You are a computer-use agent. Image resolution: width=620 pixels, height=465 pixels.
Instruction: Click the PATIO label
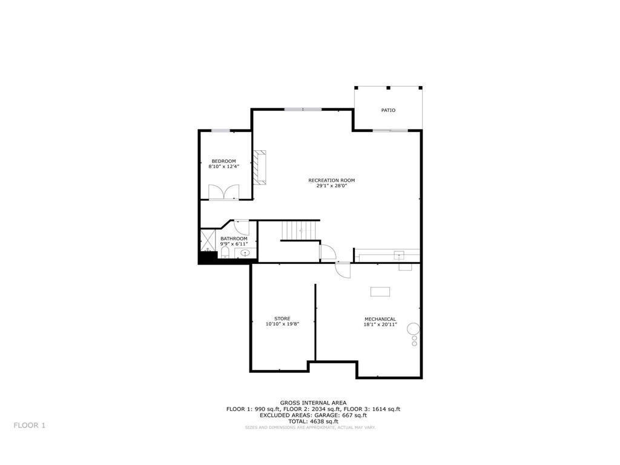coord(388,110)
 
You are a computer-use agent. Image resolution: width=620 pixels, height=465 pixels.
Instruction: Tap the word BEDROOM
coord(223,161)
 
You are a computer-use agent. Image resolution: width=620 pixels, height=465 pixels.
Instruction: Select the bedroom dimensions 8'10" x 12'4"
coord(223,167)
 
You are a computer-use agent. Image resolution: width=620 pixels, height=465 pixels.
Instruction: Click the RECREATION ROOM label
coord(331,180)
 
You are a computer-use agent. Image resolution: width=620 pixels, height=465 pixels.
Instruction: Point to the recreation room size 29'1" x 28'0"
coord(331,186)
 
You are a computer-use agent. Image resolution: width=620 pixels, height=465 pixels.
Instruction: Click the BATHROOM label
coord(234,239)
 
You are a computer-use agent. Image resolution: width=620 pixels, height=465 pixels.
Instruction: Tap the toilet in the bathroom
coord(224,252)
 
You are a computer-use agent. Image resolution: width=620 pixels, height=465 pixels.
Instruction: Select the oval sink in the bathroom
coord(245,253)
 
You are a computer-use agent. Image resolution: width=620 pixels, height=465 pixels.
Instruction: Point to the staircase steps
coord(300,230)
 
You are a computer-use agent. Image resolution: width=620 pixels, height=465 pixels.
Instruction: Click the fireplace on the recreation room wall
coord(260,167)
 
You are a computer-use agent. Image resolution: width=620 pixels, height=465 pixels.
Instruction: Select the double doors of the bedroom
coord(224,192)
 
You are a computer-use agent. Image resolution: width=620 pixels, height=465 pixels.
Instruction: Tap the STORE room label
coord(282,318)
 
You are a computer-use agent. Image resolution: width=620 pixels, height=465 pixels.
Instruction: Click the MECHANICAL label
coord(380,319)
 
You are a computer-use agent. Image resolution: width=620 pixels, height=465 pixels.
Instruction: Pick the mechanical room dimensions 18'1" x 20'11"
coord(380,325)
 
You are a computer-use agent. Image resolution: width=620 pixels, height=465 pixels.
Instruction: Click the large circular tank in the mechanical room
coord(413,329)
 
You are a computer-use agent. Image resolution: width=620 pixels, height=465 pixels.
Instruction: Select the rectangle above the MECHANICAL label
coord(380,292)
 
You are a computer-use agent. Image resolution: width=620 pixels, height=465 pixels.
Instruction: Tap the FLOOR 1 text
coord(30,425)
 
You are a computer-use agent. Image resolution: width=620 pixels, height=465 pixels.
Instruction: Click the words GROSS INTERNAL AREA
coord(313,403)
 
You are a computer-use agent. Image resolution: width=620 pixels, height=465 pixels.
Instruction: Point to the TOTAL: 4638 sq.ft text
coord(313,421)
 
